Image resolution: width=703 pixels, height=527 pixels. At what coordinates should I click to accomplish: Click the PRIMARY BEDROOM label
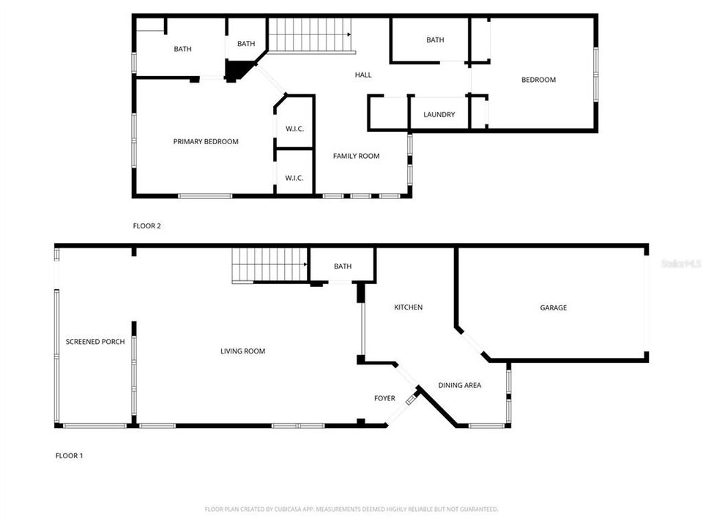click(x=206, y=142)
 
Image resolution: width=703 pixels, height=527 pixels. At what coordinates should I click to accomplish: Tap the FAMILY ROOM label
click(x=357, y=156)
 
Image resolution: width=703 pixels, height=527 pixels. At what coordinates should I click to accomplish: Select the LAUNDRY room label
click(x=439, y=115)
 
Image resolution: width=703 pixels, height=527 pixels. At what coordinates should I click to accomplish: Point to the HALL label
click(x=363, y=75)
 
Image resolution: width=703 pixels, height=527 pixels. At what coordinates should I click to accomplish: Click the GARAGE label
click(x=554, y=308)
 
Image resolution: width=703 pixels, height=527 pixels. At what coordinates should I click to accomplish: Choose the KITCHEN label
click(x=409, y=307)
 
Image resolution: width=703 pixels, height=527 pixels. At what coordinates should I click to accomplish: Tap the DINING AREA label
click(x=460, y=385)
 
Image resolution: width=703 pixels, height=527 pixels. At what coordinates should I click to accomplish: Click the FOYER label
click(x=384, y=399)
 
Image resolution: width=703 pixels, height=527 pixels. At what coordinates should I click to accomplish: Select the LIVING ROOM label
click(x=243, y=351)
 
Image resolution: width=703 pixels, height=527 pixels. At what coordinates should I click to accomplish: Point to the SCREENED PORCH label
click(x=95, y=342)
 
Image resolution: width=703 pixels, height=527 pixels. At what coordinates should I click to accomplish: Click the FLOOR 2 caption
click(x=147, y=226)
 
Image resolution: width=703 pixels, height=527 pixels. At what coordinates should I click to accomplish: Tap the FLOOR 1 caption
click(x=70, y=456)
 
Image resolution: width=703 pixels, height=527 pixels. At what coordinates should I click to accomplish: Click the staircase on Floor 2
click(x=310, y=34)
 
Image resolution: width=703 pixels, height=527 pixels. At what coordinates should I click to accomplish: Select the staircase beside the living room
click(x=270, y=265)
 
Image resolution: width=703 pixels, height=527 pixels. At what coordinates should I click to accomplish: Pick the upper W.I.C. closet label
click(x=294, y=130)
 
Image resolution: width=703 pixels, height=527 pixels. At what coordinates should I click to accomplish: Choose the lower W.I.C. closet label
click(x=294, y=178)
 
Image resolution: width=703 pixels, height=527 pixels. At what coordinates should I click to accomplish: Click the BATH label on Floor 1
click(x=343, y=266)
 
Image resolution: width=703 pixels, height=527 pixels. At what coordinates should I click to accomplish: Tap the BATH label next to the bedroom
click(x=435, y=40)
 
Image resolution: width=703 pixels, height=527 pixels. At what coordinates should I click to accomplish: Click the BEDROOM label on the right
click(x=538, y=80)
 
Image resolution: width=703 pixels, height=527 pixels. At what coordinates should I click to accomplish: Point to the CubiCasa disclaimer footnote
click(x=351, y=509)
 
